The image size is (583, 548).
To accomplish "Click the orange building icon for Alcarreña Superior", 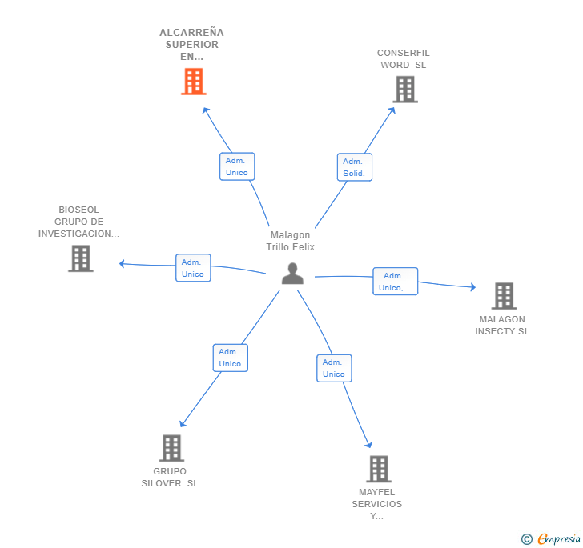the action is tap(194, 82).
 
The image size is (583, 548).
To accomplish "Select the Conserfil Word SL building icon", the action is tap(405, 89).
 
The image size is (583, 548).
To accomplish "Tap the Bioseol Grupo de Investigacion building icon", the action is tap(81, 258).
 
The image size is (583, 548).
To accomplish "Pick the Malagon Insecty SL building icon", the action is tap(504, 296).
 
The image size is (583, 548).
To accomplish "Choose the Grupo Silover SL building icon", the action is tap(171, 448).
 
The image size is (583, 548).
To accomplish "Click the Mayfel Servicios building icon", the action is tap(379, 469).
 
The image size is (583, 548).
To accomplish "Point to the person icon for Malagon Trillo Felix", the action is tap(292, 274).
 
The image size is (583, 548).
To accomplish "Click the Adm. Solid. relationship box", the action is tap(355, 167).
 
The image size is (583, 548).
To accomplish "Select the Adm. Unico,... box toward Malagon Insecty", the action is tap(396, 282).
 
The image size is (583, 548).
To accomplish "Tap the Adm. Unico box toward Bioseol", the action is tap(193, 268).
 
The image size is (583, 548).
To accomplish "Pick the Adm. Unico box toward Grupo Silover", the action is tap(231, 358).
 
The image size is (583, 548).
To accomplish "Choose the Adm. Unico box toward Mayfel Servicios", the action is tap(334, 368).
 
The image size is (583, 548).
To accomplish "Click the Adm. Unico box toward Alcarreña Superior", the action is tap(237, 166).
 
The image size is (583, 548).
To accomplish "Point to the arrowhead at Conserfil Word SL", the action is tap(392, 110).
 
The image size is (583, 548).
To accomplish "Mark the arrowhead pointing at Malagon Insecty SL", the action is tap(473, 287).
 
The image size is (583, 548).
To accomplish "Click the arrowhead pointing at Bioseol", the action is tap(122, 263).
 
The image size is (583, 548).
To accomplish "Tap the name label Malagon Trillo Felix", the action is tap(291, 241).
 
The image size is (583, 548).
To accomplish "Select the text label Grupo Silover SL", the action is tap(170, 477).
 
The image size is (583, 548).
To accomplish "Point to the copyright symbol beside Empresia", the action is tap(527, 538).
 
